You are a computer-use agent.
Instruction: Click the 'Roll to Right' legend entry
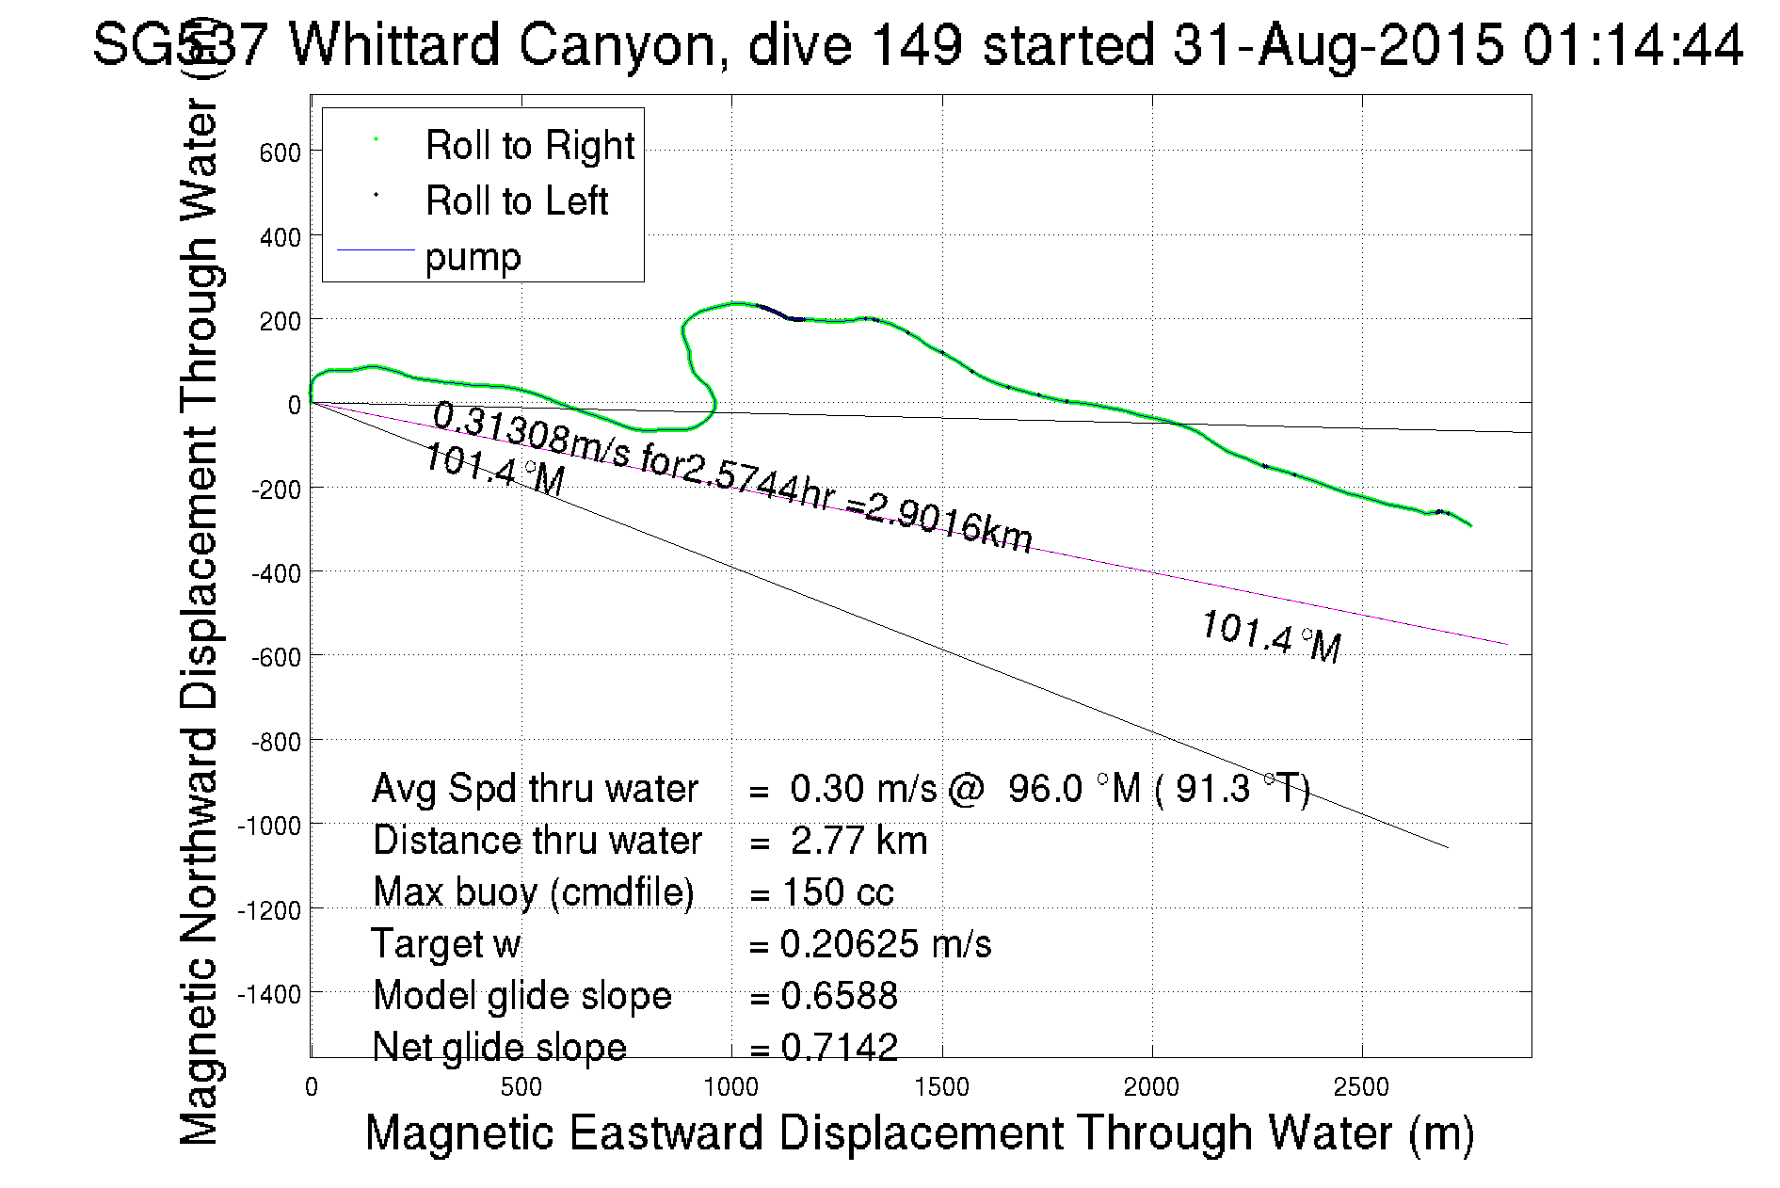click(x=529, y=146)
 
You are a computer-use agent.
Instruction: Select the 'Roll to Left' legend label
click(x=516, y=201)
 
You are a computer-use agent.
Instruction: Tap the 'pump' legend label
click(x=473, y=257)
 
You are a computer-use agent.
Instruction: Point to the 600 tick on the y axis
click(x=280, y=153)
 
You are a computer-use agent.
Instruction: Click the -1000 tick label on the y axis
click(x=269, y=826)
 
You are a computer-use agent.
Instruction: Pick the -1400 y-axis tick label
click(x=269, y=994)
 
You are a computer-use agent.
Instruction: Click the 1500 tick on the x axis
click(x=941, y=1087)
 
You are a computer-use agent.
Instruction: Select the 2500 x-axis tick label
click(x=1361, y=1087)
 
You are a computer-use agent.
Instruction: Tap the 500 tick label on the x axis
click(x=521, y=1087)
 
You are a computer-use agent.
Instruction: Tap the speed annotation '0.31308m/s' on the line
click(x=532, y=435)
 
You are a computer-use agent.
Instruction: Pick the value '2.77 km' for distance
click(x=858, y=841)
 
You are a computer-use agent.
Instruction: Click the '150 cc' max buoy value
click(x=838, y=892)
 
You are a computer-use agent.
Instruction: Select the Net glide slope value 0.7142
click(x=840, y=1047)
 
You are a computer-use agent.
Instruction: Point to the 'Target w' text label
click(x=446, y=944)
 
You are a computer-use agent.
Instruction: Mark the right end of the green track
click(x=1471, y=526)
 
